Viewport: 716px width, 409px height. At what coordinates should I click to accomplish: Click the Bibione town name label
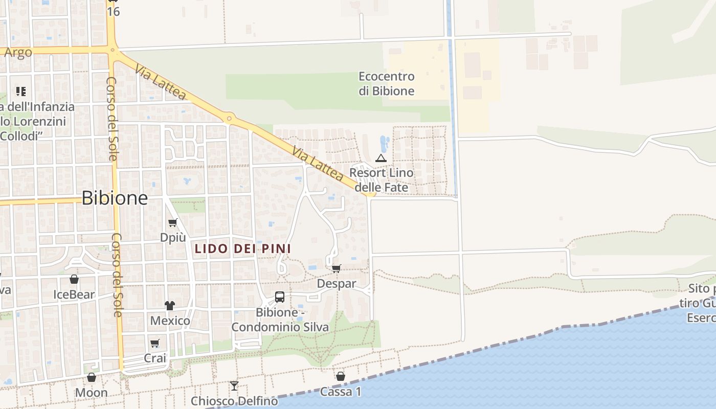click(115, 198)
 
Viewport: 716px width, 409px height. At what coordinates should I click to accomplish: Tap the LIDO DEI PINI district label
click(242, 249)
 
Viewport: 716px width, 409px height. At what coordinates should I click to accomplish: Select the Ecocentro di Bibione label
click(386, 84)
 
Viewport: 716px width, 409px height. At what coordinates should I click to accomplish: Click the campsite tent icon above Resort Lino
click(381, 158)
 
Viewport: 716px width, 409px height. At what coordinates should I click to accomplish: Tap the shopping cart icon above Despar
click(336, 268)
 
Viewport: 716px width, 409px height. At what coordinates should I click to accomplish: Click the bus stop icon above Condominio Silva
click(280, 297)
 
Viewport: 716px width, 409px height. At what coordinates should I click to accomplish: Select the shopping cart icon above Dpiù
click(173, 222)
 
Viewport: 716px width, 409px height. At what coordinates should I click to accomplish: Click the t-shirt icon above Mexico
click(170, 306)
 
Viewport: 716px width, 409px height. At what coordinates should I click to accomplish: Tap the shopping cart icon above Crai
click(154, 343)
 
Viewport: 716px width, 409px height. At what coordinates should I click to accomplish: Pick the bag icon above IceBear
click(74, 280)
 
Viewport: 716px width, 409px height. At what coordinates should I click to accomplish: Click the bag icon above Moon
click(92, 378)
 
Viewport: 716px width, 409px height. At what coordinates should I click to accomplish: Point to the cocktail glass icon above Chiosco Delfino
click(234, 385)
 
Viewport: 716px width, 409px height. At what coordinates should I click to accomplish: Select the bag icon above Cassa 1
click(341, 377)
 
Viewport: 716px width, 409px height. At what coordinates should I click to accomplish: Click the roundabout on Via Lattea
click(229, 119)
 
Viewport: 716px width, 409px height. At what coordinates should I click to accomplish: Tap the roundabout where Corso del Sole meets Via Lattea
click(113, 50)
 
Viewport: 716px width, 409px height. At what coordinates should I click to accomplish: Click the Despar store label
click(337, 283)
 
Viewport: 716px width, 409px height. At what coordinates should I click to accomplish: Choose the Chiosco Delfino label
click(234, 401)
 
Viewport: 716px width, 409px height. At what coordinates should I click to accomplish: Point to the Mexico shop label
click(170, 321)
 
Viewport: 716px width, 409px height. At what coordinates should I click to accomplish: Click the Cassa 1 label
click(341, 392)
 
